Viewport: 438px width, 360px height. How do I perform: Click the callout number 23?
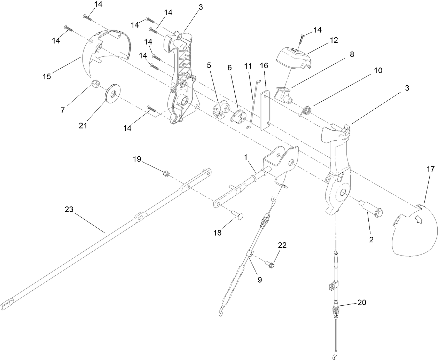(69, 209)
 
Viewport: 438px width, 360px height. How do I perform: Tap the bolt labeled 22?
(271, 265)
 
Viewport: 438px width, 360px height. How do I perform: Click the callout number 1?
(245, 157)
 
